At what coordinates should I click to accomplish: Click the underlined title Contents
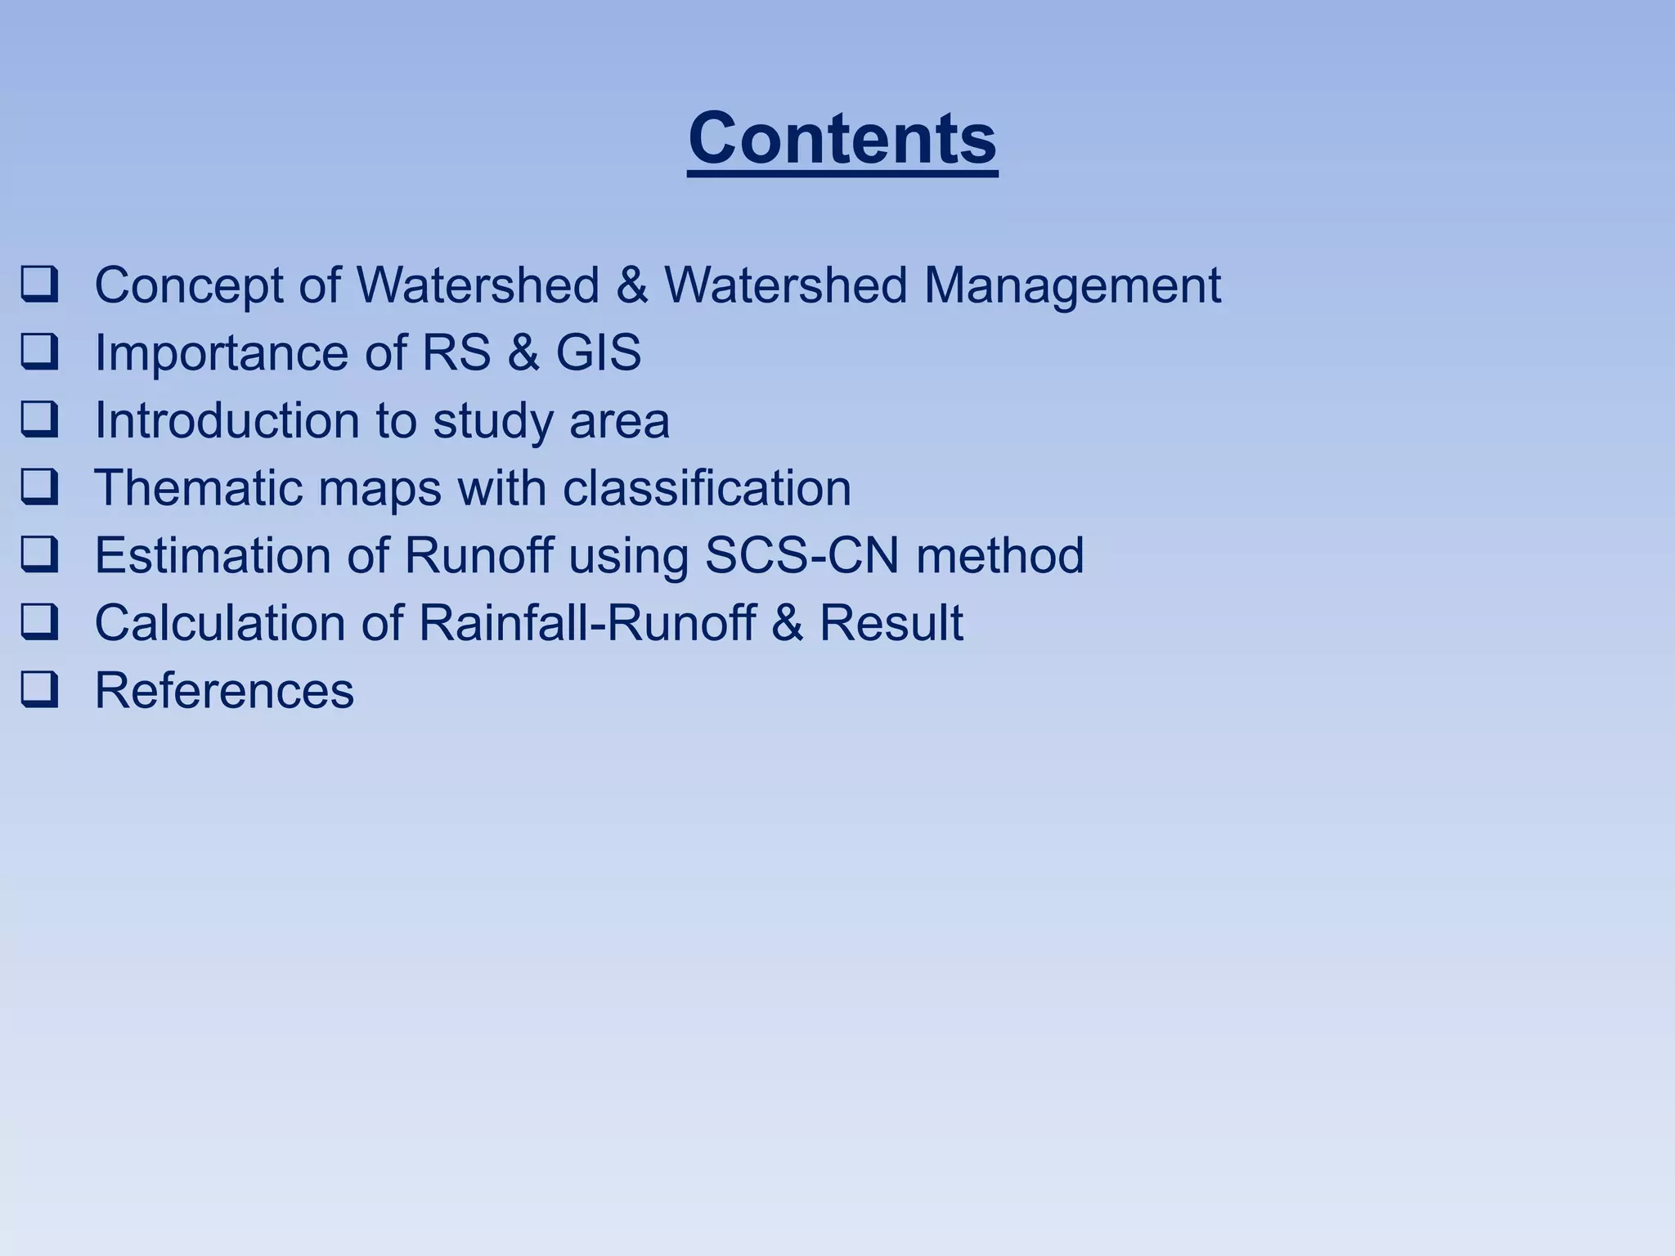(x=842, y=139)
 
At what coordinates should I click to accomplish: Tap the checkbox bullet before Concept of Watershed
(x=39, y=285)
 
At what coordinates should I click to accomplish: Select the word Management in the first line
(x=1072, y=285)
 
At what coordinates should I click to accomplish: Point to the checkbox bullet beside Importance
(x=39, y=352)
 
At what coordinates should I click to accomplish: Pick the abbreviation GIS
(x=599, y=352)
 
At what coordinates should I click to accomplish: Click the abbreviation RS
(x=456, y=352)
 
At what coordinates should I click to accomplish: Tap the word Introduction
(x=227, y=420)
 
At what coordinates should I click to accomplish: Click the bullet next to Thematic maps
(x=39, y=487)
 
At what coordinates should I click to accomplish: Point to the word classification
(x=707, y=487)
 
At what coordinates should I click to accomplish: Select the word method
(x=999, y=555)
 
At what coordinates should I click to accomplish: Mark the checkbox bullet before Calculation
(x=39, y=622)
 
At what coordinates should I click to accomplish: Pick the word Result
(x=891, y=622)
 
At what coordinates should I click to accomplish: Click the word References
(x=224, y=690)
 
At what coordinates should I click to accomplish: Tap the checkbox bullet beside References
(x=39, y=690)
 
